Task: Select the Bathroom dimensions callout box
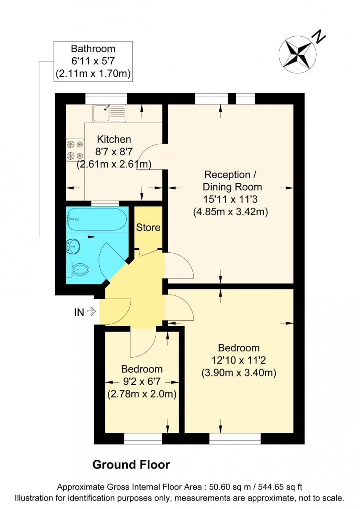93,62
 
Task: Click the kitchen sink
109,113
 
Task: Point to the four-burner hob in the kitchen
75,150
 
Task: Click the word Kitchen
114,139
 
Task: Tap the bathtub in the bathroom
97,219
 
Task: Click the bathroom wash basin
73,245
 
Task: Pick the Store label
148,228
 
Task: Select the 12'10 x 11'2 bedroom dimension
239,360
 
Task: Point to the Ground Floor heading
131,465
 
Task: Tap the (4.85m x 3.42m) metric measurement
231,212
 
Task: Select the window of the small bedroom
143,439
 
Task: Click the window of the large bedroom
235,439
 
